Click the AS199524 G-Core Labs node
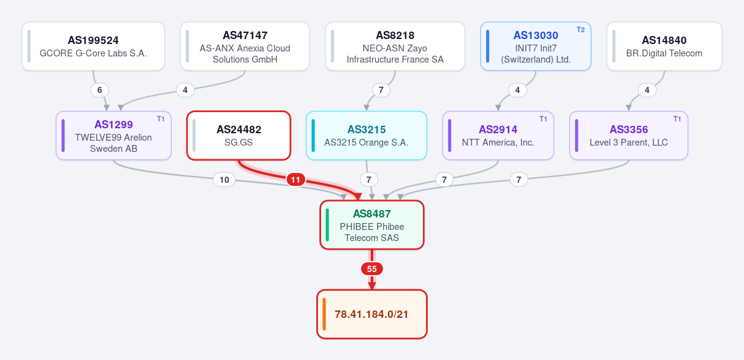coord(94,46)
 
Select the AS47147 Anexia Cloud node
coord(245,46)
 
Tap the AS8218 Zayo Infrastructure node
coord(395,46)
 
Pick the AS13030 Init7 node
coord(536,46)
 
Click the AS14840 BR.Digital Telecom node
coord(664,46)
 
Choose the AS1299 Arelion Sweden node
coord(113,135)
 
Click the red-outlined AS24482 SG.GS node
coord(239,135)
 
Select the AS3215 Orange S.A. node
coord(366,135)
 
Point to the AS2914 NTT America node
coord(498,135)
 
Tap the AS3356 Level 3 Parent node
coord(629,135)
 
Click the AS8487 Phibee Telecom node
coord(372,225)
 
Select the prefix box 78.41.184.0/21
coord(372,314)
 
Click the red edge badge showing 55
coord(372,269)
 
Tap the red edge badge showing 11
coord(296,180)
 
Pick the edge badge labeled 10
coord(224,180)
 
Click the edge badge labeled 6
coord(100,90)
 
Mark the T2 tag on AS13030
coord(580,30)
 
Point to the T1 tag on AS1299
coord(161,119)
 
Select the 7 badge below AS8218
coord(381,90)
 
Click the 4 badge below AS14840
coord(647,90)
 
